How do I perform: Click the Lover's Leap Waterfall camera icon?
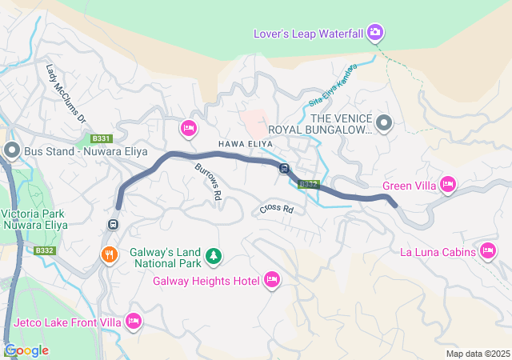376,33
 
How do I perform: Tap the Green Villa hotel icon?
448,186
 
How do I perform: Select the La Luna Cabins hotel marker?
488,252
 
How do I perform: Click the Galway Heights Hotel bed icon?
271,279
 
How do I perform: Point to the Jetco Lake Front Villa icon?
134,322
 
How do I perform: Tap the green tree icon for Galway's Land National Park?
213,256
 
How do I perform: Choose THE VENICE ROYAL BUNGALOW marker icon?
384,123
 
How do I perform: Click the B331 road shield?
100,138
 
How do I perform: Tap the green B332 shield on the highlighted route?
309,185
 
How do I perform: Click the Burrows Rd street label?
207,182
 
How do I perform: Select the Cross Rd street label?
277,210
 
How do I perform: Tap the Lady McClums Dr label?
66,94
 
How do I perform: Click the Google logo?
26,350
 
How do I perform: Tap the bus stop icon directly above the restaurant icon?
114,224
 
